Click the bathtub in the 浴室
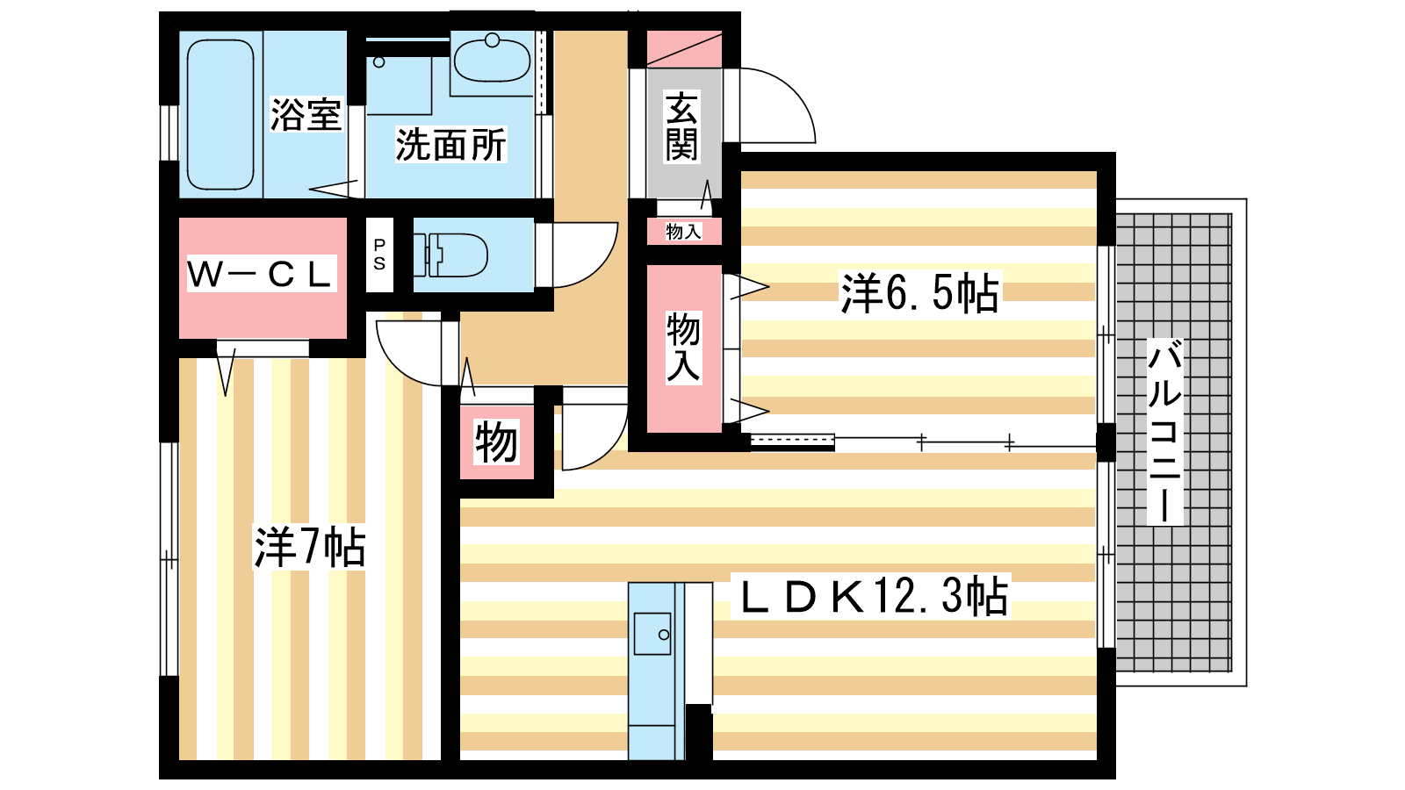(x=220, y=114)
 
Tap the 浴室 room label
(x=306, y=114)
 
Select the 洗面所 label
(x=450, y=145)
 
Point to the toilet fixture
(x=450, y=255)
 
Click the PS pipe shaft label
(x=379, y=255)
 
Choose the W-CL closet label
(x=261, y=274)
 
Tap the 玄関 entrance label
(x=681, y=126)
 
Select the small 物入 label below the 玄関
(x=684, y=232)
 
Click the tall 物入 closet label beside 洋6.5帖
(x=683, y=348)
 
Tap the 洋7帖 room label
(x=309, y=548)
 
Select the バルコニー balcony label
(x=1164, y=431)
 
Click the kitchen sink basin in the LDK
(x=652, y=634)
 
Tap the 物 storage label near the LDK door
(x=496, y=442)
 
